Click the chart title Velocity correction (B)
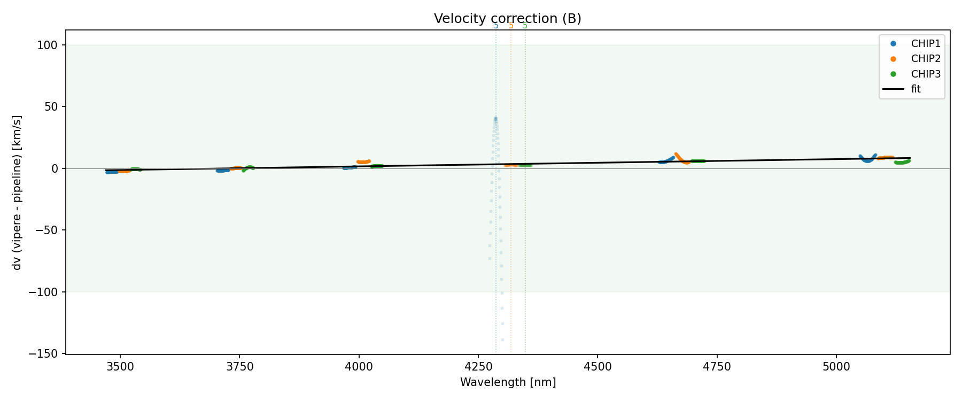coord(507,19)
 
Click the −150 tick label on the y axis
coord(45,354)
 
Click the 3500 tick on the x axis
coord(120,366)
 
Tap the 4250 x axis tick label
coord(478,366)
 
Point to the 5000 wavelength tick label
coord(836,366)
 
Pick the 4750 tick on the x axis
coord(717,366)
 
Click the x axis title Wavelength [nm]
coord(508,382)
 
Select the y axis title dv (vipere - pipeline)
coord(17,192)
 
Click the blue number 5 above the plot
coord(496,26)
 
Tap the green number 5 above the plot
coord(525,26)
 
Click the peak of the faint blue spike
coord(495,119)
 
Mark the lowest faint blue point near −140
coord(502,340)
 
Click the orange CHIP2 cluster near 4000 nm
coord(363,162)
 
